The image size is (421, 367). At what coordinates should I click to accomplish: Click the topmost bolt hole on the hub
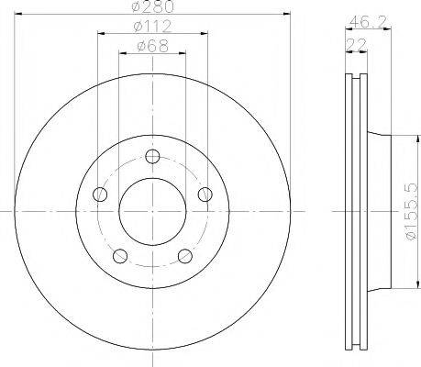(x=152, y=156)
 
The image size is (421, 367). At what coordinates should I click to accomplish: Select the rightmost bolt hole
(x=205, y=193)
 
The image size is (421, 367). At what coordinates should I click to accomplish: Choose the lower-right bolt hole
(x=184, y=255)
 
